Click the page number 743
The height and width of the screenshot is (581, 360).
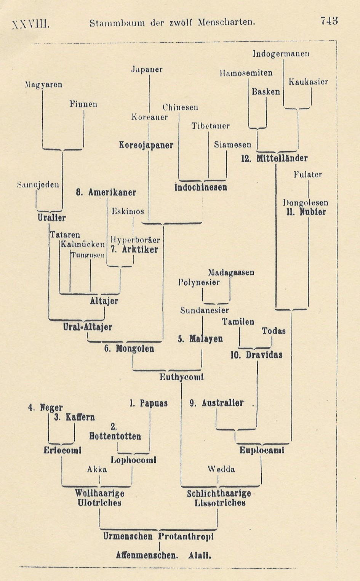(x=329, y=21)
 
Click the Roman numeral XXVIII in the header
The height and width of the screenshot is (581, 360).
(x=31, y=24)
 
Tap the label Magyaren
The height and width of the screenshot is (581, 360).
(x=43, y=85)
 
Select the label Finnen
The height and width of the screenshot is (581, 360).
(x=83, y=104)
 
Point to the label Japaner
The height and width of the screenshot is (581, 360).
(x=147, y=70)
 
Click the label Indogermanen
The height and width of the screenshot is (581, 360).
(x=281, y=54)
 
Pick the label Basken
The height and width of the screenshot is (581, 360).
(x=266, y=92)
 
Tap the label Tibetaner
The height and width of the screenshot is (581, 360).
(x=210, y=126)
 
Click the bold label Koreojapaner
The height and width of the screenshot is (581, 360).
(x=146, y=145)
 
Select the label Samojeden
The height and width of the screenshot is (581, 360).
(x=38, y=185)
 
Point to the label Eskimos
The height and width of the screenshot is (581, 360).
(x=128, y=211)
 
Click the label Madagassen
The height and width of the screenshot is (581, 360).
(x=231, y=273)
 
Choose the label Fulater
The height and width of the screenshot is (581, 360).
(x=307, y=175)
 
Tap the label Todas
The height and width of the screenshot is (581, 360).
(x=274, y=331)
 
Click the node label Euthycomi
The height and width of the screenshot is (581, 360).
(x=181, y=377)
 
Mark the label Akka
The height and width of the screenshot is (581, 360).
(x=97, y=470)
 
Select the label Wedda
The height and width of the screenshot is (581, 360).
(x=221, y=469)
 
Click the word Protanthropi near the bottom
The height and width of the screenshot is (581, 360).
(x=186, y=537)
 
